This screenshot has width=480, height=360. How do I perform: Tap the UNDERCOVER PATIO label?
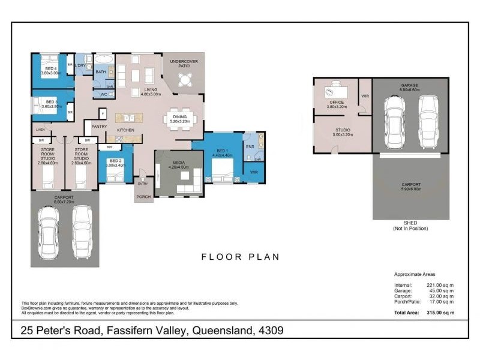[x=184, y=64]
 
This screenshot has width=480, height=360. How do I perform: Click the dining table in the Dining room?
[x=179, y=116]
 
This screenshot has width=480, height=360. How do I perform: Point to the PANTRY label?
[x=99, y=127]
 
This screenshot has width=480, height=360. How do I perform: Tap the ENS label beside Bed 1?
[x=250, y=146]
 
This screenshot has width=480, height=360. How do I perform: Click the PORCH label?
[x=143, y=196]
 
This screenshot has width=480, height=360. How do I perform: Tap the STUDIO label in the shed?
[x=343, y=130]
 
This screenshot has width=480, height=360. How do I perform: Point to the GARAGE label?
[x=410, y=86]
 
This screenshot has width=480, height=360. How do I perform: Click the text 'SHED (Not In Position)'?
[x=410, y=226]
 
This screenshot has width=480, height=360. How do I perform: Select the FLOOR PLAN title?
[x=240, y=257]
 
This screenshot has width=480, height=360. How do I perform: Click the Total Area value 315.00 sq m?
[x=440, y=313]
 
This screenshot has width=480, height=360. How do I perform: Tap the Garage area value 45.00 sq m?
[x=442, y=290]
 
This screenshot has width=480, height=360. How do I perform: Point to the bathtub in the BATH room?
[x=104, y=59]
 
